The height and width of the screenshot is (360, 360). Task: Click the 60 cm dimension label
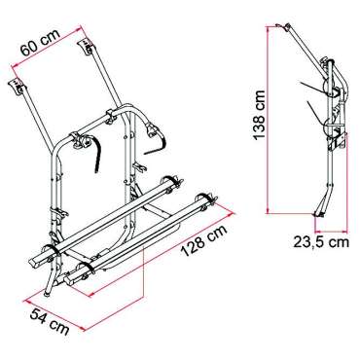(x=40, y=43)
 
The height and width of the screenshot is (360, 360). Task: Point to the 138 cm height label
(x=260, y=115)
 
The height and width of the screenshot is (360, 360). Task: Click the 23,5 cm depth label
(x=321, y=242)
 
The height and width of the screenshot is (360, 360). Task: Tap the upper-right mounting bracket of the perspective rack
(x=85, y=47)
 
